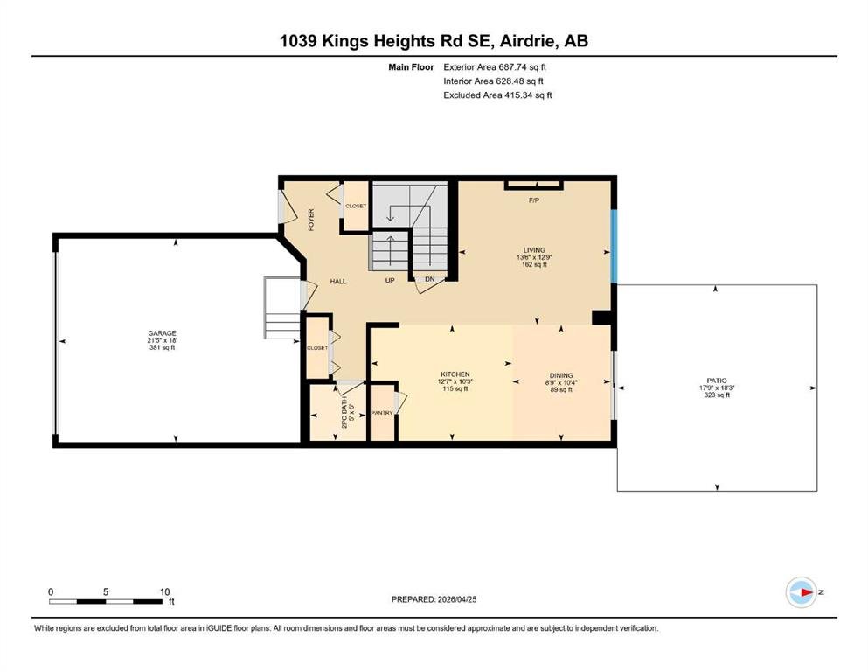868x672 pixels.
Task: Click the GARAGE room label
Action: [163, 333]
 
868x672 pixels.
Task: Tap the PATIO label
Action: [717, 381]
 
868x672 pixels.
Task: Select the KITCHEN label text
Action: [455, 374]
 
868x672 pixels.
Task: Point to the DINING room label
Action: [561, 375]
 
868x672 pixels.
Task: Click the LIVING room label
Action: [534, 250]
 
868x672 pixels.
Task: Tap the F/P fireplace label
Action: [533, 200]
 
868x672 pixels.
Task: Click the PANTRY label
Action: [382, 413]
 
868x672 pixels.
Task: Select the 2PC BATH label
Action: [344, 412]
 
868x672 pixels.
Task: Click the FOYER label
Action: [311, 220]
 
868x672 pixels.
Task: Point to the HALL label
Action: [338, 282]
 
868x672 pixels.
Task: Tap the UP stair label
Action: [390, 280]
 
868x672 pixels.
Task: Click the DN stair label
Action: [430, 279]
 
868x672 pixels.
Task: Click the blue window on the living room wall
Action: [614, 246]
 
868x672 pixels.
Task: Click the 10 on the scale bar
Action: [165, 591]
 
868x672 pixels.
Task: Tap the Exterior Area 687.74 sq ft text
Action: [495, 67]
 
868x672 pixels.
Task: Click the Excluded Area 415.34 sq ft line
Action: [497, 94]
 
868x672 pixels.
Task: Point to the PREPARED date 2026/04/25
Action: [434, 599]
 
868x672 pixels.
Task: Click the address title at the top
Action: [434, 41]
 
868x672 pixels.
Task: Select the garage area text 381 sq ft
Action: [163, 348]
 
